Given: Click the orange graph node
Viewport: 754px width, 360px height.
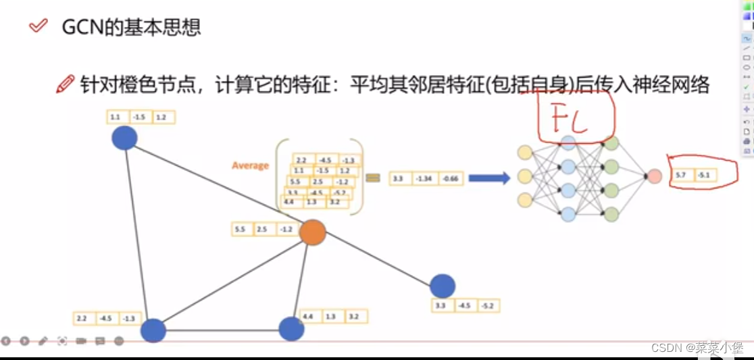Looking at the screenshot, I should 312,232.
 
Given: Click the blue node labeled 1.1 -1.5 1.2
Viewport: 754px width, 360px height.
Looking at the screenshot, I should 124,138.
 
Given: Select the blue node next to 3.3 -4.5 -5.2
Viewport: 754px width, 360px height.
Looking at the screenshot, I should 442,286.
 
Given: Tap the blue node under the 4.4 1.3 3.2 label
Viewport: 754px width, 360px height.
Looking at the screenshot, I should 292,329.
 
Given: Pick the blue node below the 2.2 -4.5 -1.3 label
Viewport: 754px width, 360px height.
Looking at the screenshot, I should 153,331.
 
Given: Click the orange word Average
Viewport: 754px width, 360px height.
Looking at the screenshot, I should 250,165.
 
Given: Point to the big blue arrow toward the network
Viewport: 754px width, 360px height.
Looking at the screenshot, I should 489,178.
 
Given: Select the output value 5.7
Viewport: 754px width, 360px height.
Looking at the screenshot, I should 680,176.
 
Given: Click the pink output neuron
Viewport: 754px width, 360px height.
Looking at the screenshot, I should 654,176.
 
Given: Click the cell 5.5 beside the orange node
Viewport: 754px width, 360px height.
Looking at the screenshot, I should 240,230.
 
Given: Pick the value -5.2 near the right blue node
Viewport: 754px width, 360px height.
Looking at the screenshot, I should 487,306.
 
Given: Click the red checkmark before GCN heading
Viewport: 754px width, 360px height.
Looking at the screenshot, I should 39,26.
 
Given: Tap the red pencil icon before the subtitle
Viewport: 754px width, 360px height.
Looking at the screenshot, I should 65,84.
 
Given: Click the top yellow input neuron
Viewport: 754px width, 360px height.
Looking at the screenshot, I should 524,153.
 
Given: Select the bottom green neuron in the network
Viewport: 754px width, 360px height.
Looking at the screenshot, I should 611,215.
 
